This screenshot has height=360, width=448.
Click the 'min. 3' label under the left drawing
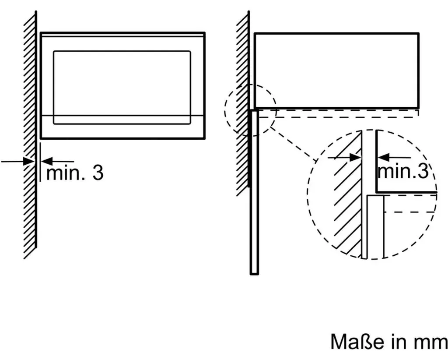click(x=74, y=173)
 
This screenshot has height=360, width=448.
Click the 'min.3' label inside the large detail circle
click(x=403, y=171)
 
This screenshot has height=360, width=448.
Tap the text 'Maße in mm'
click(x=389, y=341)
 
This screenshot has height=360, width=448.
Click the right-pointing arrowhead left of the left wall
click(x=28, y=161)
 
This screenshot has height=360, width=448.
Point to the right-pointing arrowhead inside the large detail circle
click(x=355, y=157)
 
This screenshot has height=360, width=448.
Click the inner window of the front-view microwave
click(x=122, y=88)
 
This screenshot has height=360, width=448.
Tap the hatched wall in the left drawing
click(x=30, y=134)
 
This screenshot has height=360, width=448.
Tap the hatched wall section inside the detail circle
click(x=347, y=198)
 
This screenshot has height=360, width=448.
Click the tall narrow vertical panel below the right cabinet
click(x=254, y=192)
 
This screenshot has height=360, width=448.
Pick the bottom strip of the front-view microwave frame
click(x=123, y=127)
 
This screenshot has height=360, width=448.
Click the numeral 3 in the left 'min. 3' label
click(x=98, y=173)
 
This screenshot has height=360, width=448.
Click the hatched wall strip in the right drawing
click(x=243, y=103)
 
